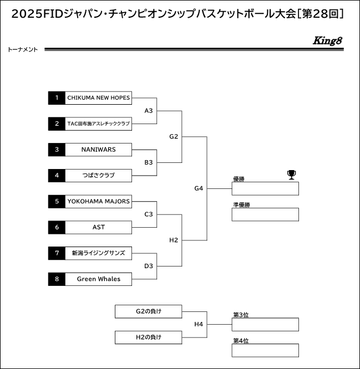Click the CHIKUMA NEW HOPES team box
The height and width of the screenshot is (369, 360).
[x=98, y=98]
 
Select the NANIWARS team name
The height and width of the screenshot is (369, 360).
[x=99, y=150]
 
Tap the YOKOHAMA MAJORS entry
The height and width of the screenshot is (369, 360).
[x=98, y=202]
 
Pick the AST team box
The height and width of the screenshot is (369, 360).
[x=98, y=227]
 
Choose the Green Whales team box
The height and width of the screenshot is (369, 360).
[x=98, y=279]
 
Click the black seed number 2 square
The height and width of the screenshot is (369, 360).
[x=57, y=124]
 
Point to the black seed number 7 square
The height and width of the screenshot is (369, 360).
[x=57, y=253]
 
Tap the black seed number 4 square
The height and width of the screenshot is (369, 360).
[x=57, y=176]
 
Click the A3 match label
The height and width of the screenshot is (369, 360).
[x=149, y=111]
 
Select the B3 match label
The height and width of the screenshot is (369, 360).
[x=149, y=162]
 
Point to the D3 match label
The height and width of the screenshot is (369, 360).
[x=149, y=266]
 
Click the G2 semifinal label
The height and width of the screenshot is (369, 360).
[x=174, y=136]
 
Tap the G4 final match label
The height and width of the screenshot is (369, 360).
[x=199, y=188]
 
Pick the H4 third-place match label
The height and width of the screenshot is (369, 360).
[x=199, y=324]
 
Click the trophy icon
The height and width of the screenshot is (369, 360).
[x=291, y=175]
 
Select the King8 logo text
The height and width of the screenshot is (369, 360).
[x=327, y=40]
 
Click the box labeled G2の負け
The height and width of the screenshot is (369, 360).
[x=149, y=311]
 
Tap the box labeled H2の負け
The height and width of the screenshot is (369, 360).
[x=149, y=337]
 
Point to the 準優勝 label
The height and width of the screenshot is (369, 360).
[x=241, y=205]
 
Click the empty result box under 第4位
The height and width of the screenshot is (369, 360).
[x=265, y=350]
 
